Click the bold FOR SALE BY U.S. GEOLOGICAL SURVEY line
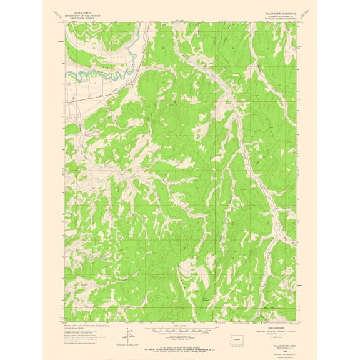click(x=179, y=341)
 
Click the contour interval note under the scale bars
click(x=179, y=336)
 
